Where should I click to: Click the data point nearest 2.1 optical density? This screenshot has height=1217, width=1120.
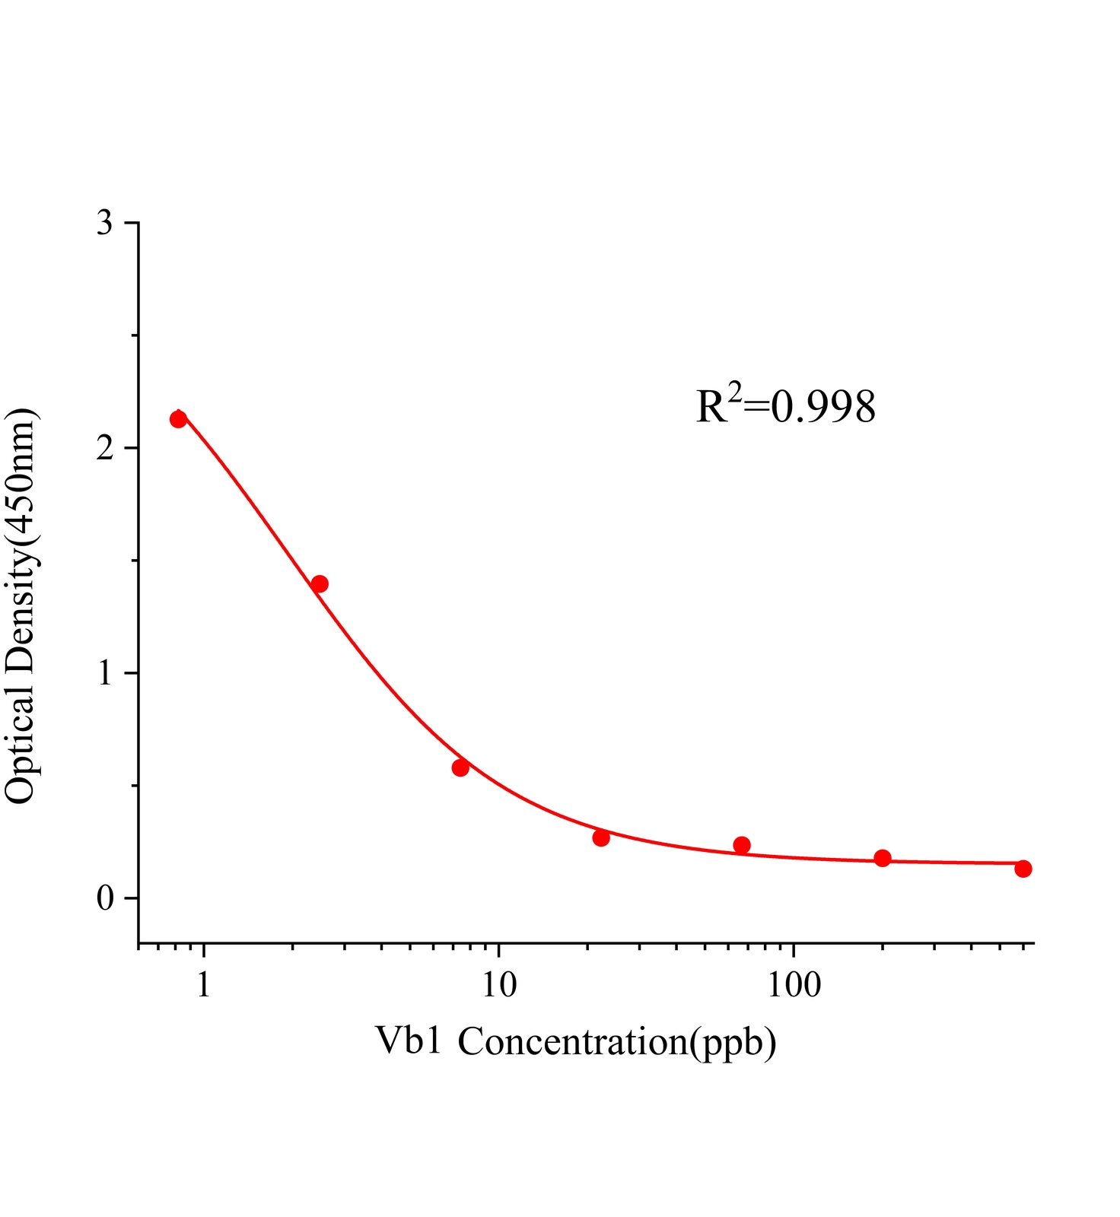tap(179, 419)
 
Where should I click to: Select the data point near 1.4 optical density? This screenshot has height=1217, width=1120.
tap(320, 584)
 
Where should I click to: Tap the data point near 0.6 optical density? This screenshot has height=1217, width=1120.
tap(460, 767)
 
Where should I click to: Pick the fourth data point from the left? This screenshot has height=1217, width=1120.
tap(601, 837)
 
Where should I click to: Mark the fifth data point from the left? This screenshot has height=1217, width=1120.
tap(742, 845)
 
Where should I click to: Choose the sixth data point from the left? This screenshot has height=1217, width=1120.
tap(883, 858)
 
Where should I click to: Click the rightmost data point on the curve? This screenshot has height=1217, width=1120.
tap(1023, 869)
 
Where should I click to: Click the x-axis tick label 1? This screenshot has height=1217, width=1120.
tap(203, 985)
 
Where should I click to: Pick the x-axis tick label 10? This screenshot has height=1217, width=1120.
tap(498, 985)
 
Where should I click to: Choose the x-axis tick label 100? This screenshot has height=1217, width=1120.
tap(794, 985)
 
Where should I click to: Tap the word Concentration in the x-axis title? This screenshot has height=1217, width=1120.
tap(573, 1041)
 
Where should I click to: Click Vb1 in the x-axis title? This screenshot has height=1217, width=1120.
tap(409, 1041)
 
